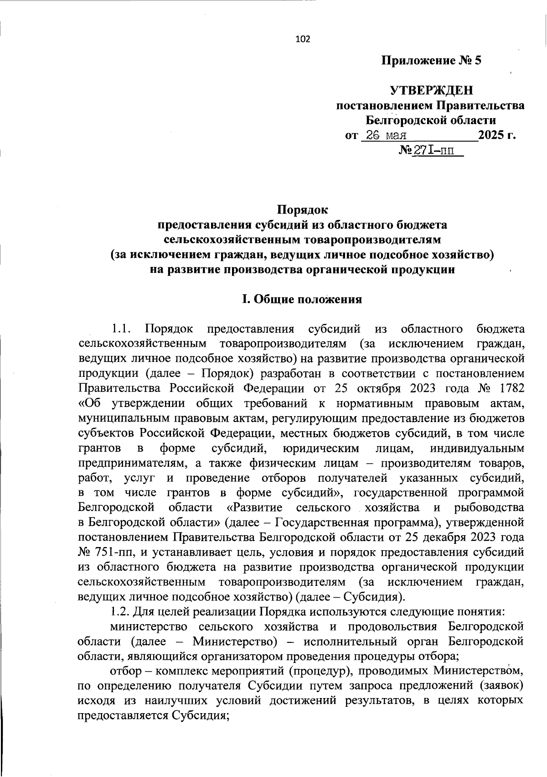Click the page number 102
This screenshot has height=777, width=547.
click(x=303, y=39)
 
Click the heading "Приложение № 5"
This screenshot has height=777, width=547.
click(x=431, y=60)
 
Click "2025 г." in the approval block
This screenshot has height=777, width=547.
click(x=497, y=136)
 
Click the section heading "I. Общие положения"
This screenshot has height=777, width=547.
click(x=302, y=299)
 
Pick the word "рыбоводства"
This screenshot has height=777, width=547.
click(x=489, y=507)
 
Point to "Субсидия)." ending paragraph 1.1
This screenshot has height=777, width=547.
click(x=373, y=596)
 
